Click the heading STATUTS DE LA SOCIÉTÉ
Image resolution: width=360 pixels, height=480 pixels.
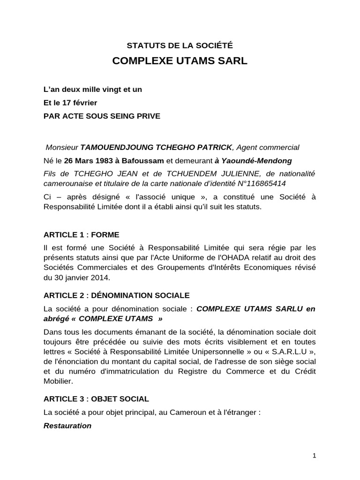(x=180, y=45)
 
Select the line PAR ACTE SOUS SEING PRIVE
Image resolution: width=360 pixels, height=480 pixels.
(x=102, y=116)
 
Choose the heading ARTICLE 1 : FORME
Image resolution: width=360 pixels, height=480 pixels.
(x=81, y=234)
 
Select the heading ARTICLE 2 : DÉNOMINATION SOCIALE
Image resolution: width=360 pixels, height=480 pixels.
(x=116, y=295)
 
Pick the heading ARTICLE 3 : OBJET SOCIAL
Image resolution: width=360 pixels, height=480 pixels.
(x=96, y=399)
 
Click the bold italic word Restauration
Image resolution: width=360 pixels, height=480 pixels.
(x=67, y=426)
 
